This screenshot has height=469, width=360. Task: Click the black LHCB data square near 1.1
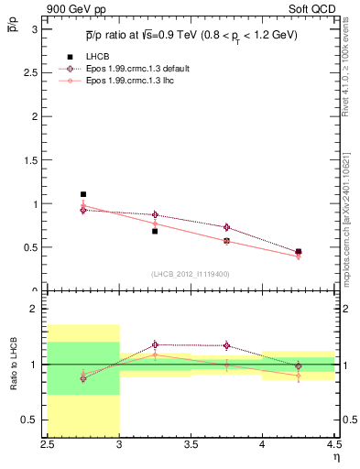83,194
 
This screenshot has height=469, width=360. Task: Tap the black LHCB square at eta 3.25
155,231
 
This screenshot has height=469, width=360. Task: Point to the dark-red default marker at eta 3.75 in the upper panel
226,227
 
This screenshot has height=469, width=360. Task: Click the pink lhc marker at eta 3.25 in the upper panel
155,224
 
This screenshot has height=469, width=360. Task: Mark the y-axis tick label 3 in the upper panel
35,28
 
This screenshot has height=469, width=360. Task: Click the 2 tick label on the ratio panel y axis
35,310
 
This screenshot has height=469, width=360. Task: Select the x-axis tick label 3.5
191,445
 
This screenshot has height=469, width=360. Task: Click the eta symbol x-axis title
335,457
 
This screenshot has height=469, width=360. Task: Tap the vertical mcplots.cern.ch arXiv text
352,211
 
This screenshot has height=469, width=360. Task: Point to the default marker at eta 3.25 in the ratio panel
155,345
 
